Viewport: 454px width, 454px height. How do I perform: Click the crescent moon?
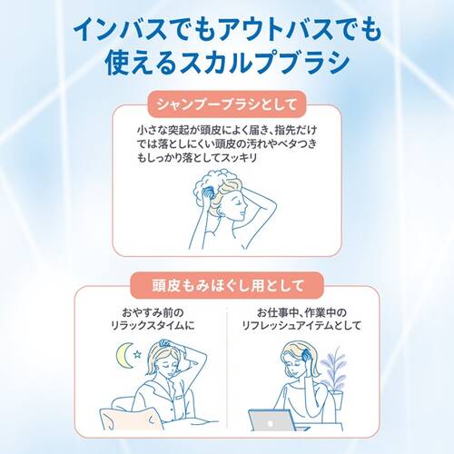tap(123, 356)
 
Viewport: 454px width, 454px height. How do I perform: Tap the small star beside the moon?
tap(137, 353)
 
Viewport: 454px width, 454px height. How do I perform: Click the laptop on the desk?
tap(271, 420)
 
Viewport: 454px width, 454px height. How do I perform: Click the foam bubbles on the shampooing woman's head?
tap(215, 181)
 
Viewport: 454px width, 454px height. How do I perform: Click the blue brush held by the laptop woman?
tap(305, 354)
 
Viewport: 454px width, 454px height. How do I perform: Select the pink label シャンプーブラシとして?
tap(226, 104)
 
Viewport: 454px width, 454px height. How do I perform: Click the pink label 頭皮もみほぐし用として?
tap(227, 285)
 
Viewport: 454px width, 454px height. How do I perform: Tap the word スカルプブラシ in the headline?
tap(263, 63)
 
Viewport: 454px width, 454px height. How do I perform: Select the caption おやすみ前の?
tap(153, 312)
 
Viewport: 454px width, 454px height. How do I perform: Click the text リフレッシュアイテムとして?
tap(301, 326)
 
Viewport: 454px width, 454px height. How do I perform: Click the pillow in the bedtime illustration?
tap(131, 419)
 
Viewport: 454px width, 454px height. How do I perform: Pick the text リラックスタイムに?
tap(153, 326)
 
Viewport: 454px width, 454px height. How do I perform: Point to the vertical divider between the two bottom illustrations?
tap(227, 368)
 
